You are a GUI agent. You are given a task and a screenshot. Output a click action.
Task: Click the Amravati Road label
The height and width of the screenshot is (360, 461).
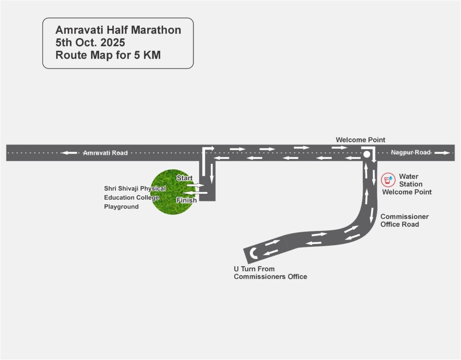coord(105,153)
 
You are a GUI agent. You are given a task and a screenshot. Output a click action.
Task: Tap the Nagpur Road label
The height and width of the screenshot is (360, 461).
coord(411,153)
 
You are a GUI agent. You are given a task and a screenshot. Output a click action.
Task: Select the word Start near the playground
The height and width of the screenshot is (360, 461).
coord(185,178)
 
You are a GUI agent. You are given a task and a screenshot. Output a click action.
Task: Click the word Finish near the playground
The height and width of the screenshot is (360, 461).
coord(186,200)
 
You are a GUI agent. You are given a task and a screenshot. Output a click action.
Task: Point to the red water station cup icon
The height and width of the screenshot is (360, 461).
coord(387,180)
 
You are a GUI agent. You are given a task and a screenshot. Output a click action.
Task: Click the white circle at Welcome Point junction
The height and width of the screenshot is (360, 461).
coord(367,155)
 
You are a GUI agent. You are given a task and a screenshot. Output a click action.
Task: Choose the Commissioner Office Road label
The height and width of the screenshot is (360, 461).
coord(404,220)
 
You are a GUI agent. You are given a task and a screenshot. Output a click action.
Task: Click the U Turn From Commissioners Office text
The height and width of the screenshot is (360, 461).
coord(270,273)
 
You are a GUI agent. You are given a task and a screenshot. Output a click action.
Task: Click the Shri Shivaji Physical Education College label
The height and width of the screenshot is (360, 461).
coord(135,197)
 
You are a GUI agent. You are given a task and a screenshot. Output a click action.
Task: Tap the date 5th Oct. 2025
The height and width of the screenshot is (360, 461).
coord(90,43)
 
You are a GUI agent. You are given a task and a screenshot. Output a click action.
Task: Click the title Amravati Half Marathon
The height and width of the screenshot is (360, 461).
coord(118,30)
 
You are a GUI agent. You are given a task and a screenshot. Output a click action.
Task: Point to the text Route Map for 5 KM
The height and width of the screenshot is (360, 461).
coord(108,56)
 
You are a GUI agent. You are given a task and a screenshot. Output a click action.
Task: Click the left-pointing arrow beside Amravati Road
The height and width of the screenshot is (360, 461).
coord(69,153)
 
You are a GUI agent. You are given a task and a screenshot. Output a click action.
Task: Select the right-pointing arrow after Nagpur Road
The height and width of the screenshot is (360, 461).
coord(443,153)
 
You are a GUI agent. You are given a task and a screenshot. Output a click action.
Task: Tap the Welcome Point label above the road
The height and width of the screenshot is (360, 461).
coord(360,140)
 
